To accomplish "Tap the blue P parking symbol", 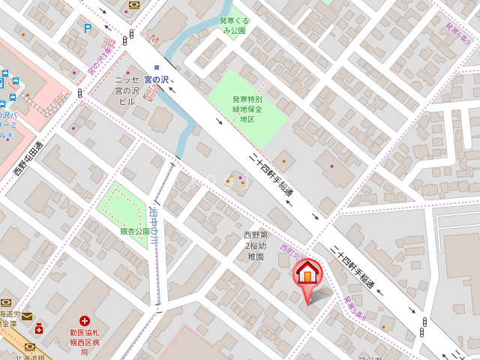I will click(x=88, y=28).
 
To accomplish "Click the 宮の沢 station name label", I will click(x=156, y=79).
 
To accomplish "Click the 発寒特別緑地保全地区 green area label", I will click(x=247, y=109).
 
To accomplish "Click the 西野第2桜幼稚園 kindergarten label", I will click(x=254, y=246).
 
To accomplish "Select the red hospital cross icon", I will click(x=84, y=320).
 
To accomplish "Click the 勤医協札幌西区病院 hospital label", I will click(x=85, y=341).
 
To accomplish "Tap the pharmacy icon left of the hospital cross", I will click(x=38, y=328).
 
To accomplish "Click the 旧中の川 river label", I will click(x=154, y=226).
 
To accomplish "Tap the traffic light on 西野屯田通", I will click(x=79, y=93).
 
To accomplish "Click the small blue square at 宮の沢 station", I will click(x=157, y=68).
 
